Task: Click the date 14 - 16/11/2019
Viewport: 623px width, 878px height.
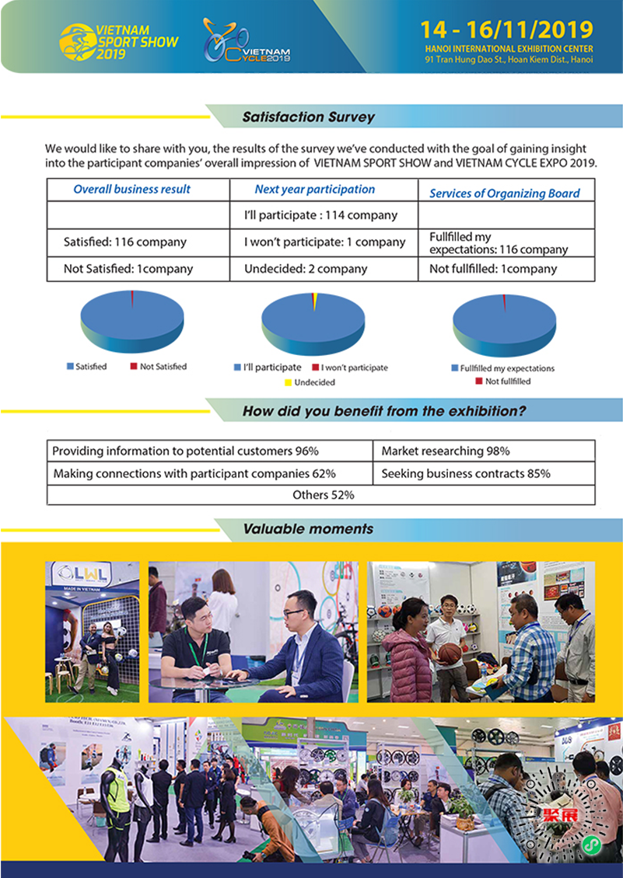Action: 506,30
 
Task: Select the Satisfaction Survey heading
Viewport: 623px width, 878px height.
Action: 309,117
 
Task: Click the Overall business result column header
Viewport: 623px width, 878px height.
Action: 131,189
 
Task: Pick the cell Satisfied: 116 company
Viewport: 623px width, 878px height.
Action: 125,242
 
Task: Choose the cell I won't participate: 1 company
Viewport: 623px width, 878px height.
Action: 324,242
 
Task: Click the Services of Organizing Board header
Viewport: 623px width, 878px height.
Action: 505,193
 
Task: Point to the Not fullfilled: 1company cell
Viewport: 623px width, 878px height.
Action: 493,269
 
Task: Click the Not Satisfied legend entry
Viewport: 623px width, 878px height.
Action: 159,367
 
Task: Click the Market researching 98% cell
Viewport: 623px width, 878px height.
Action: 446,451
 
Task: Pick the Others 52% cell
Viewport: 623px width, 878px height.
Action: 323,494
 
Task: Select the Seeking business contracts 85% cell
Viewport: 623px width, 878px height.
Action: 466,473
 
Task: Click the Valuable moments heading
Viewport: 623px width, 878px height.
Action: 308,529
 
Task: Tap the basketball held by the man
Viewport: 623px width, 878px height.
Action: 450,653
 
